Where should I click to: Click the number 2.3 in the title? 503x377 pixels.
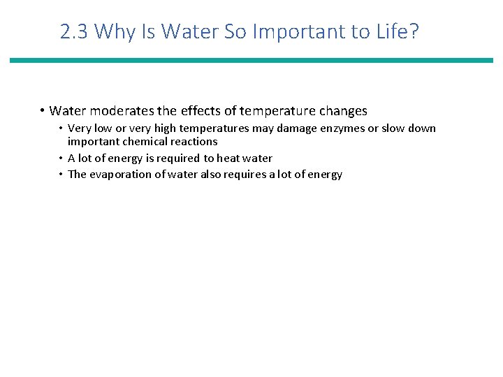coord(75,31)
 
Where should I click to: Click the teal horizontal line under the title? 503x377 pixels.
coord(251,61)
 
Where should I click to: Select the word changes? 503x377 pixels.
coord(342,111)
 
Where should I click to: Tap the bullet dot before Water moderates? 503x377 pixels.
coord(43,111)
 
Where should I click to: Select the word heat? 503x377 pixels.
coord(228,158)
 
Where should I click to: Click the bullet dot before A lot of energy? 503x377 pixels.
coord(61,158)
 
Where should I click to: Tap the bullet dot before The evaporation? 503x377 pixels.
coord(61,175)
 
